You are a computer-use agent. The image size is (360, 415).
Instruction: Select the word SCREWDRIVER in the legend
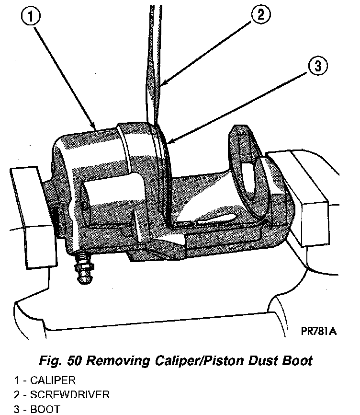70,395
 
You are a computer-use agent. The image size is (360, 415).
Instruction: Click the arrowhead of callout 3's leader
167,143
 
